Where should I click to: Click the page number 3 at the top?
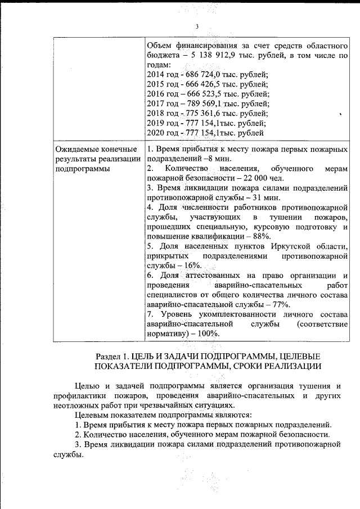coord(196,26)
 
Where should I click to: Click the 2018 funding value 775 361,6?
coord(206,113)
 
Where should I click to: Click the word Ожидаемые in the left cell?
coord(78,149)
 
